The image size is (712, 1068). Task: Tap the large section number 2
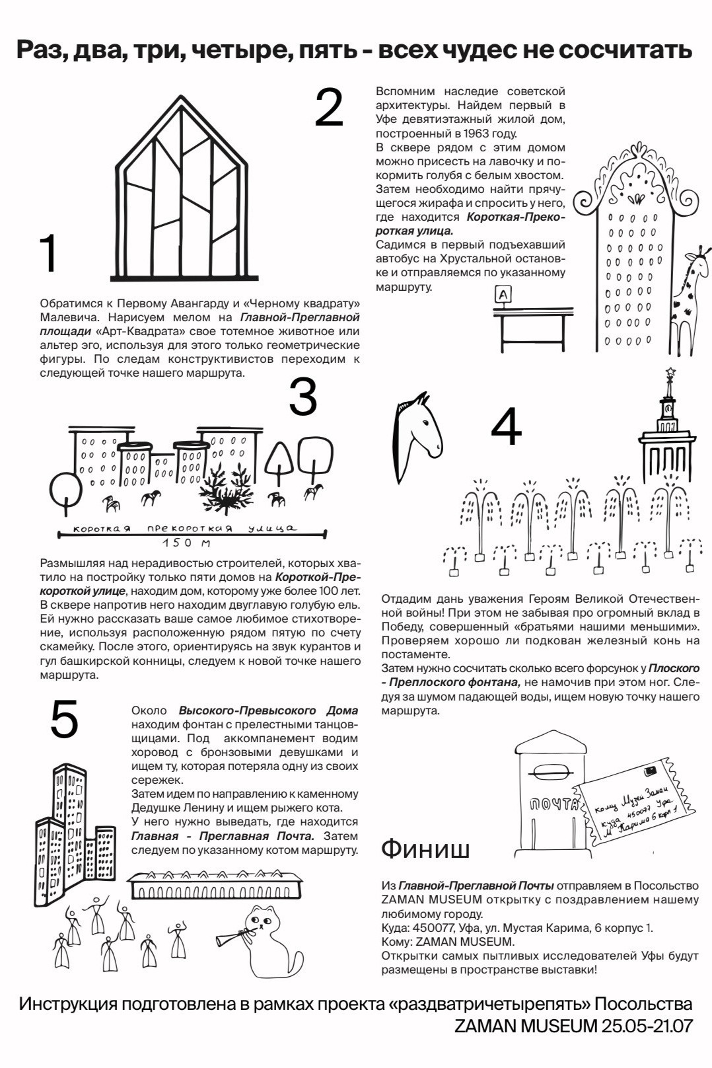329,107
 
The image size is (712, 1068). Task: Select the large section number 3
303,397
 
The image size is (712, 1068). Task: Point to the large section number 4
506,427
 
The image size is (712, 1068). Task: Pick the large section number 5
64,720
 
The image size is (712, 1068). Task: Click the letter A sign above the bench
503,295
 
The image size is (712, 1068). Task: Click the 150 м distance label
186,543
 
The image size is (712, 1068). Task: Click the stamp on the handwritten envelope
649,771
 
